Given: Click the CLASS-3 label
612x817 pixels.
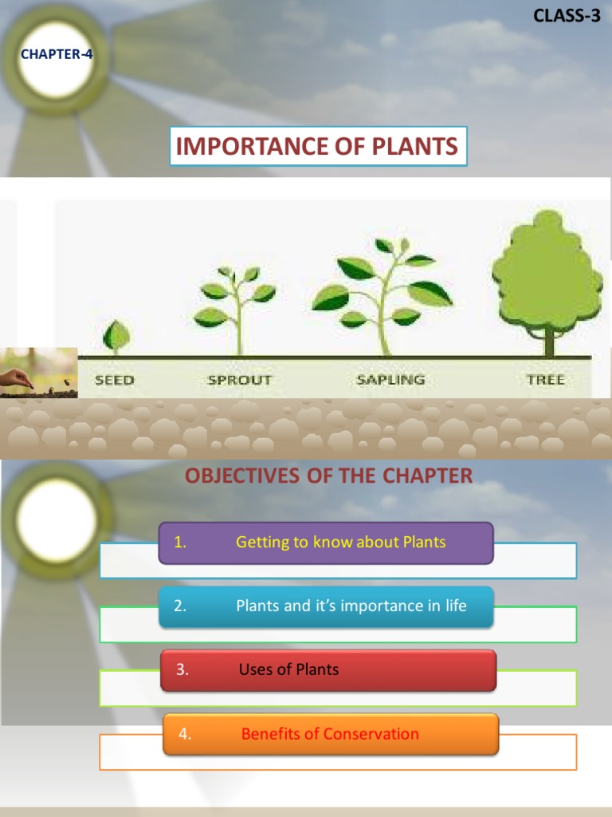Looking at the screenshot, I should pos(567,15).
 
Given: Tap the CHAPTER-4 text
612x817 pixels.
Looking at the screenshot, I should pos(57,55).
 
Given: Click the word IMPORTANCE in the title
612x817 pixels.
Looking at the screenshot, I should pos(251,147).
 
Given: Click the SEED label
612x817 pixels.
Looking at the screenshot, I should pos(115,380).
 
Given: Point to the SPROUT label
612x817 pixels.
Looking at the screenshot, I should pos(240,380).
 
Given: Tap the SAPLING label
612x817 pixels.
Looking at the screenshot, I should pos(390,380).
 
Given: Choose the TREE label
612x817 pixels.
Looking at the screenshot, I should pos(546,380).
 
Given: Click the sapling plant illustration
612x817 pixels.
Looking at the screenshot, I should pos(382,295).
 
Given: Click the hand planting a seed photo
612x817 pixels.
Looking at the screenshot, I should pos(38,373).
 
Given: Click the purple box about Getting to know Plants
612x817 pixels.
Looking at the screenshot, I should pos(326,543).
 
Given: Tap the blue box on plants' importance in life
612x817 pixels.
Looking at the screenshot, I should pos(326,606).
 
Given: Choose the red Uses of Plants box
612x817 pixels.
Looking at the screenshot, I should pos(328,670).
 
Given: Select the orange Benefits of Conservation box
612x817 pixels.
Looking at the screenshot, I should pos(331,734).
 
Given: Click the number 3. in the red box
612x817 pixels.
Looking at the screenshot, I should pos(182,670).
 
